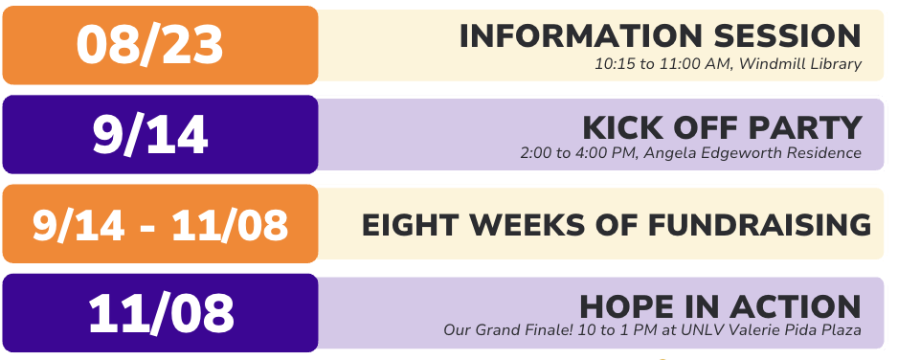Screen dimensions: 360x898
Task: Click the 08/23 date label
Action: tap(149, 44)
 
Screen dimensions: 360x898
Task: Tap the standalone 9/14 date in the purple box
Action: tap(150, 134)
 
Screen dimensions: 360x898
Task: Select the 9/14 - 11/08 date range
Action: tap(160, 225)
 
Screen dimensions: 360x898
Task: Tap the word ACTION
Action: tap(802, 307)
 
